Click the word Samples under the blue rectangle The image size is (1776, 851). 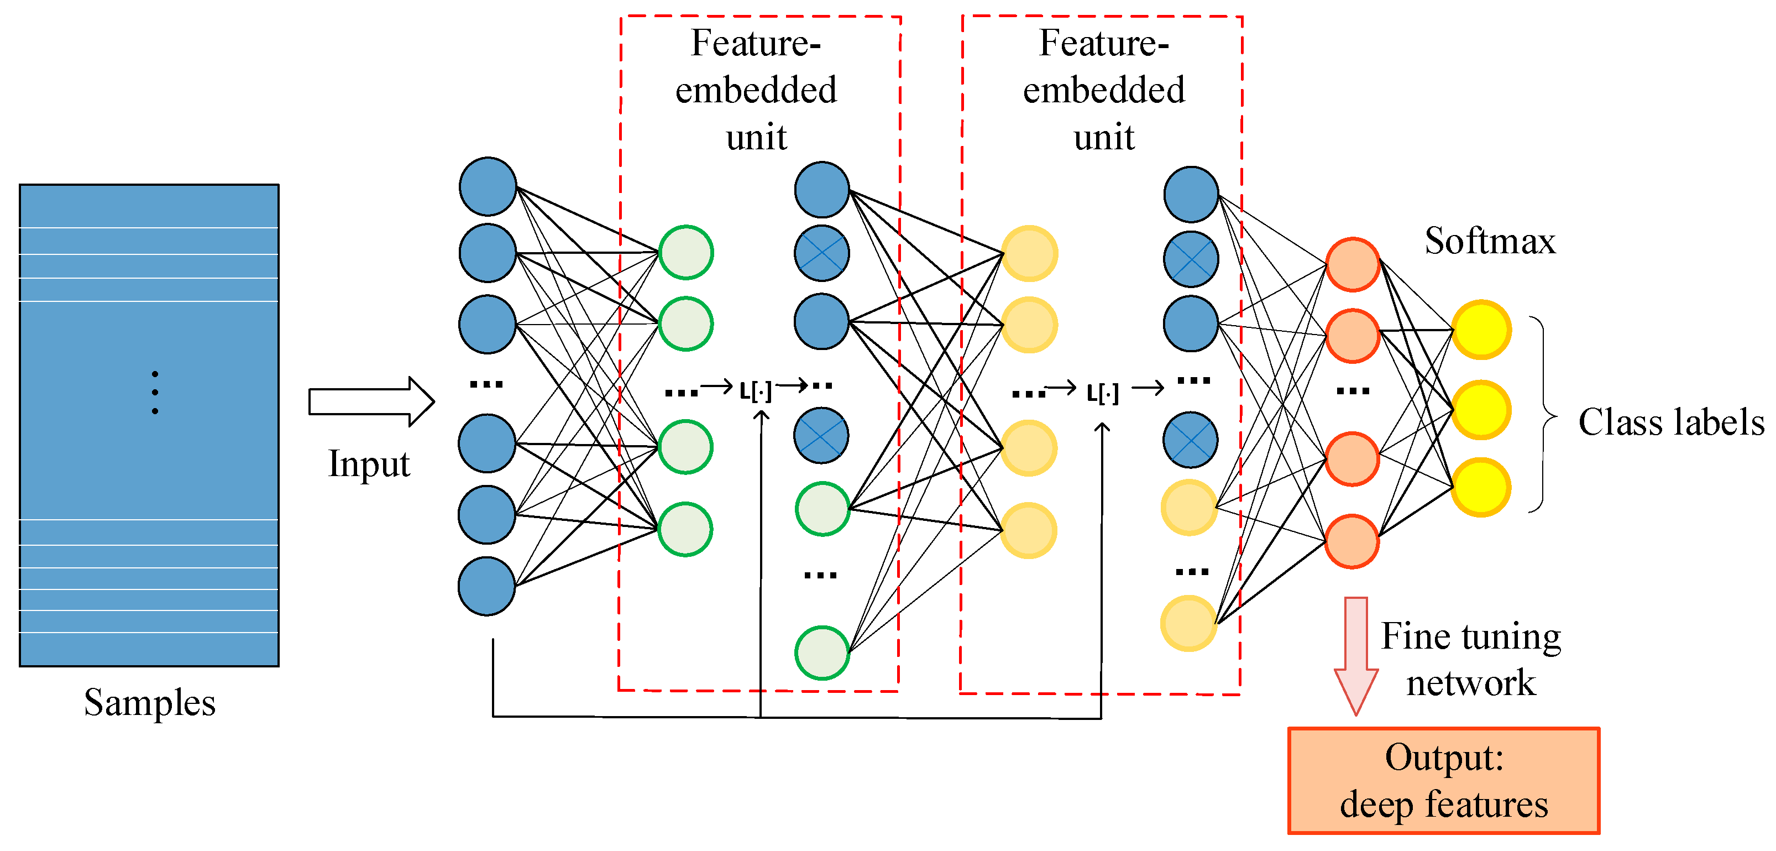150,703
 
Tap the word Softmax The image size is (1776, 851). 1490,242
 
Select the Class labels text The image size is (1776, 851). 1670,422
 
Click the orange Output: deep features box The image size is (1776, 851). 1444,781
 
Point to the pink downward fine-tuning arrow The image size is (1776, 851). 1355,655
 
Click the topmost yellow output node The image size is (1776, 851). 1481,330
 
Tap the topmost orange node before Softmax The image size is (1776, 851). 1353,265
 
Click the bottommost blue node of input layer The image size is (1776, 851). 487,586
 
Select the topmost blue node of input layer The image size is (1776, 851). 488,186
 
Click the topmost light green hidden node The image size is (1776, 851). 686,252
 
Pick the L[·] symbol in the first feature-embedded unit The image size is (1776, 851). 756,391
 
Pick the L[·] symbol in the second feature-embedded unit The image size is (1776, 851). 1102,393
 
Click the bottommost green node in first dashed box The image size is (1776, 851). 822,652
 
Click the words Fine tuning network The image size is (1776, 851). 1470,659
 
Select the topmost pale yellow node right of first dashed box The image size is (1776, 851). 1029,254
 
